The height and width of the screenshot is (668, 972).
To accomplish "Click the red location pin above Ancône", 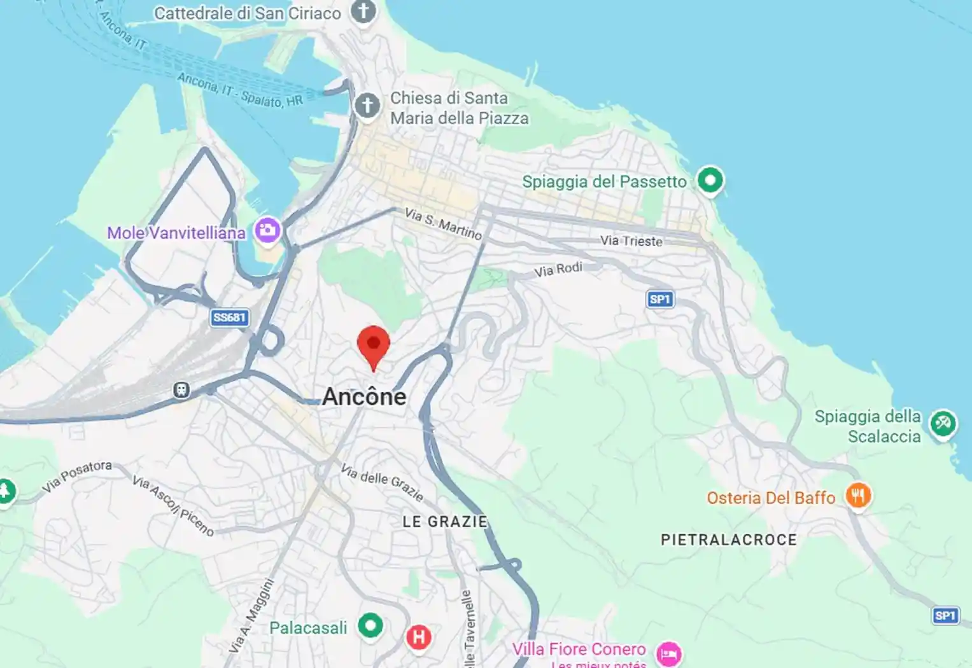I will coord(374,345).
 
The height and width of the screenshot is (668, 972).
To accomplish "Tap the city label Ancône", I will coord(364,397).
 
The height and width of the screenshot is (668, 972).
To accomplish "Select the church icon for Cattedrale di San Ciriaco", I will coord(363,11).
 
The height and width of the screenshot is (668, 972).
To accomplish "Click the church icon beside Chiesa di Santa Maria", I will coord(367,105).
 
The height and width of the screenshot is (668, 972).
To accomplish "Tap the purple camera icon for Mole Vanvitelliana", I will coord(267,230).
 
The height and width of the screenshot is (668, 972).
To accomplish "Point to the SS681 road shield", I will coord(229,317).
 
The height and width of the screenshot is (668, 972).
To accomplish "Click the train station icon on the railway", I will coord(181,390).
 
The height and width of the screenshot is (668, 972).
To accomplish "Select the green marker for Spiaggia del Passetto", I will coord(710,180).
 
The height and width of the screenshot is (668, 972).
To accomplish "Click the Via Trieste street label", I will coord(631,241).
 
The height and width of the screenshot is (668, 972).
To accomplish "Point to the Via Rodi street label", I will coord(558,270).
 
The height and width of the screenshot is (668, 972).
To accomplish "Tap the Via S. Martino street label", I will coord(443,224).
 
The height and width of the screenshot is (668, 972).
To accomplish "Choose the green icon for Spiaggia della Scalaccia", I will coord(942,423).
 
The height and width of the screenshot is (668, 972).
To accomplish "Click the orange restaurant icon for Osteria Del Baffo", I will coord(858,495).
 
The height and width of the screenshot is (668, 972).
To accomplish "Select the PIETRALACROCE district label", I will coord(729,540).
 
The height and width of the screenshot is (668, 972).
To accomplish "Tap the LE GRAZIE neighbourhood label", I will coord(445,522).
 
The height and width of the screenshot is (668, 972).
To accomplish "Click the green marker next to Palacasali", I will coord(370,625).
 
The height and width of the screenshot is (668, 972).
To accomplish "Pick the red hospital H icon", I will coord(418,636).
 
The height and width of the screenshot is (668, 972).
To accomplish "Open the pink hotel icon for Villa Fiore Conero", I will coord(668,653).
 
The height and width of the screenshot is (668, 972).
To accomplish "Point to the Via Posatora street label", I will coord(77,477).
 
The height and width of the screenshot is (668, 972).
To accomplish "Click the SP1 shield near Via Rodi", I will coord(660,299).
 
